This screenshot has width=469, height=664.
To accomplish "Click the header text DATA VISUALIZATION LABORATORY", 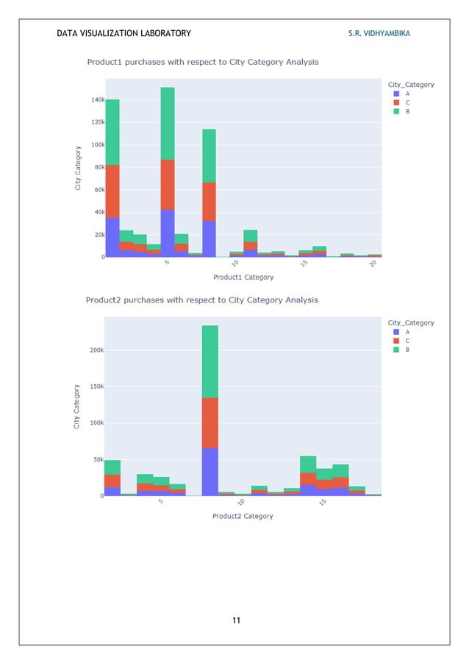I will (123, 33).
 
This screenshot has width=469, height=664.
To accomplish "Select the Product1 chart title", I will (202, 63).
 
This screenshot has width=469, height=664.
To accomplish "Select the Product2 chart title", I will (201, 300).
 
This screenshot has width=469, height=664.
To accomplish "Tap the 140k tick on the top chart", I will (97, 99).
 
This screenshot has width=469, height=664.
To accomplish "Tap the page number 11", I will (236, 621).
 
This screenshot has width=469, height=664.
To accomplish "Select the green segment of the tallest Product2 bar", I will (210, 361).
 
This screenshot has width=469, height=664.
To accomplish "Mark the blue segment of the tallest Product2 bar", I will (210, 472).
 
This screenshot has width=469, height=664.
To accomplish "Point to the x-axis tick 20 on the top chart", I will (374, 264).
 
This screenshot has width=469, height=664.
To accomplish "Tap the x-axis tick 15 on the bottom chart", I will (323, 502).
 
